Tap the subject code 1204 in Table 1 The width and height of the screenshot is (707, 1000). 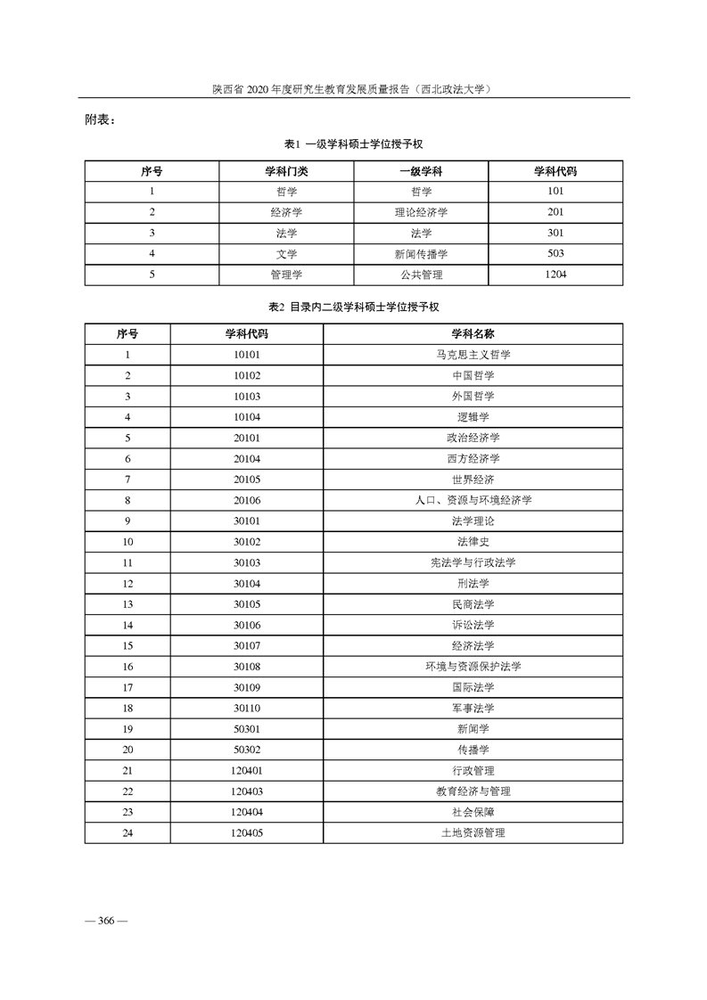tap(555, 275)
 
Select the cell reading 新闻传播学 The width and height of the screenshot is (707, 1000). tap(421, 254)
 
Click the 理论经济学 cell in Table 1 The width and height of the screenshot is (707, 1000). tap(421, 212)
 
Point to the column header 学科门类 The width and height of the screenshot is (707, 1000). tap(286, 170)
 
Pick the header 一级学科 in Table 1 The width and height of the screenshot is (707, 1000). tap(421, 170)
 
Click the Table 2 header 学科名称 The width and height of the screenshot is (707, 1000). tap(473, 333)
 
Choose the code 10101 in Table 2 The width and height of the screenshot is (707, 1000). tap(246, 355)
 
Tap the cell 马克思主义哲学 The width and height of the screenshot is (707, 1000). tap(473, 355)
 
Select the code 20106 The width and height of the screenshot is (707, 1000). tap(246, 500)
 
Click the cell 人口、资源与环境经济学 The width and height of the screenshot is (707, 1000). tap(473, 500)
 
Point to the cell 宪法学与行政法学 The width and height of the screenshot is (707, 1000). tap(473, 562)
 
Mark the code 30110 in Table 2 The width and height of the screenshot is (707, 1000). tap(246, 708)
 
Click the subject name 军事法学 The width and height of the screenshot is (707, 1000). tap(473, 708)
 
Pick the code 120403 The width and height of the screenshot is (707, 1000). tap(246, 791)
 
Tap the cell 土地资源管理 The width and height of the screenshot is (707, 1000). tap(473, 832)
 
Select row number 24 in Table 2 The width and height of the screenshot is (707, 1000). tap(127, 832)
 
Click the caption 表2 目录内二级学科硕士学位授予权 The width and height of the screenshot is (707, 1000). tap(354, 307)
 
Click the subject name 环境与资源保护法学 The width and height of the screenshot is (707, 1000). tap(473, 667)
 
